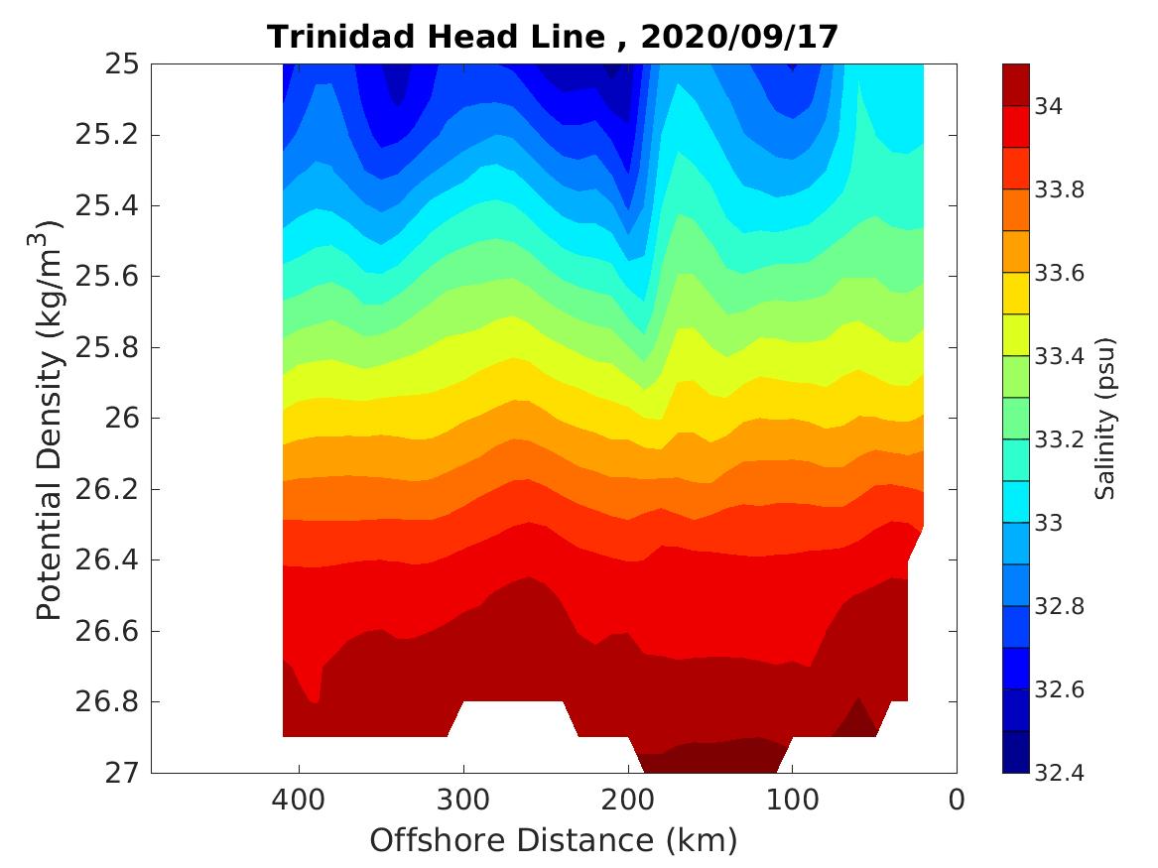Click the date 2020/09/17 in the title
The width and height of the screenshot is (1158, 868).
[740, 37]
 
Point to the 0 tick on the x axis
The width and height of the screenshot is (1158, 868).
[957, 800]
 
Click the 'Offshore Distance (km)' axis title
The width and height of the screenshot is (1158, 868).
[554, 841]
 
